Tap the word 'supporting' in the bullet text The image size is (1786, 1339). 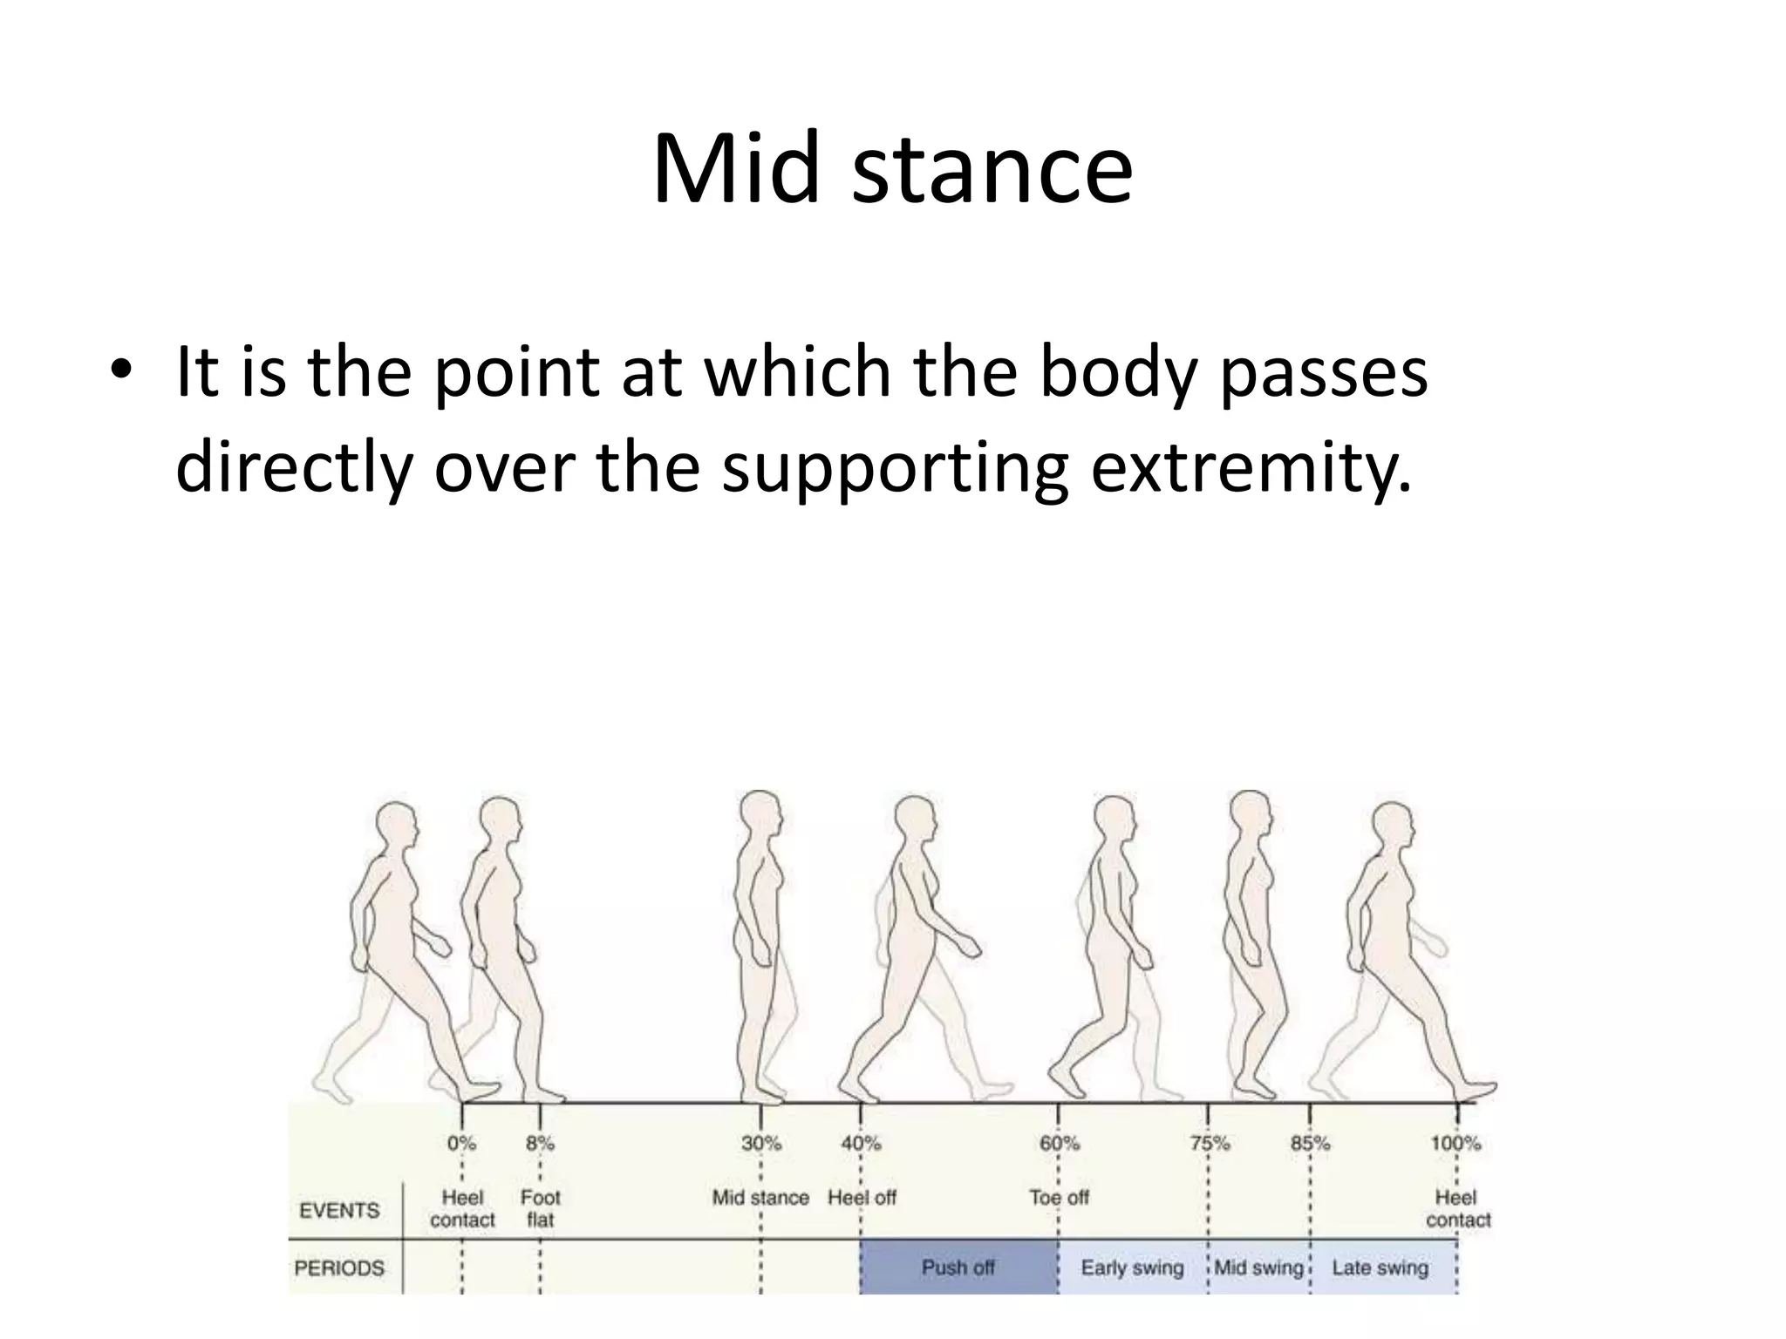[x=895, y=468]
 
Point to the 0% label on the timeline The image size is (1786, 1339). [x=461, y=1143]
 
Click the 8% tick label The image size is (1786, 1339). [x=540, y=1143]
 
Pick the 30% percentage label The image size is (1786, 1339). [x=760, y=1143]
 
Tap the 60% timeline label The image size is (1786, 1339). [x=1059, y=1143]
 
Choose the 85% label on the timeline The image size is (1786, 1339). [x=1310, y=1143]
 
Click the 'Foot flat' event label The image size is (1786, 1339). [x=540, y=1208]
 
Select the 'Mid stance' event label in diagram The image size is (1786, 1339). [x=760, y=1198]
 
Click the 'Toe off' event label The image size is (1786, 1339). [x=1059, y=1198]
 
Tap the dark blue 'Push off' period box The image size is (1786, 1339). [x=958, y=1267]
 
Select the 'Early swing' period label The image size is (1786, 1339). [x=1132, y=1268]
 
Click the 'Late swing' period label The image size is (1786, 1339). [x=1380, y=1268]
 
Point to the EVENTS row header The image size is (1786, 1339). [x=339, y=1210]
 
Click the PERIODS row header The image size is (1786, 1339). [x=339, y=1268]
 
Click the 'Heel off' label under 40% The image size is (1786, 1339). [x=862, y=1198]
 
